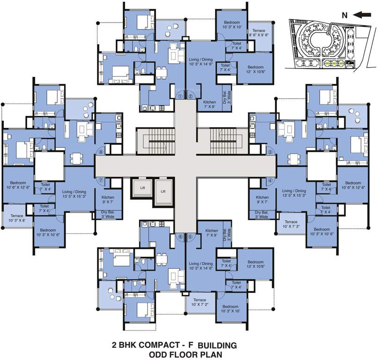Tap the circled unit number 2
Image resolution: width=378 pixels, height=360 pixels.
(x=191, y=97)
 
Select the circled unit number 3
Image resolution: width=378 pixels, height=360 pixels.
(x=270, y=152)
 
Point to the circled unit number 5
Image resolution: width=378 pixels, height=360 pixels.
(x=190, y=237)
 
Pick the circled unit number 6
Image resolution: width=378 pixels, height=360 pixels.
(x=180, y=237)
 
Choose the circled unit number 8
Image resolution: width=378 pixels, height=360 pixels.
(x=100, y=152)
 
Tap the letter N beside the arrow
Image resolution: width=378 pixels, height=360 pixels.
(x=344, y=15)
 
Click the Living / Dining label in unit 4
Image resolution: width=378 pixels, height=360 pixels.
(x=294, y=194)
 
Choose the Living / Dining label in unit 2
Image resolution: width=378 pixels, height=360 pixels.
(x=200, y=63)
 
